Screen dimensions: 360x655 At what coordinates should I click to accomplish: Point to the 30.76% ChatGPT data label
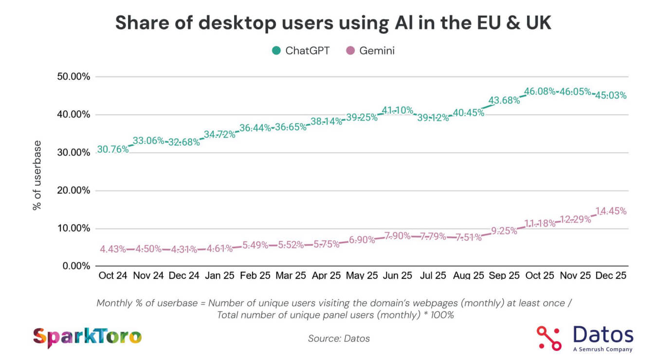(113, 149)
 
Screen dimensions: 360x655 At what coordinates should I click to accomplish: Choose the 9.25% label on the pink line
(504, 231)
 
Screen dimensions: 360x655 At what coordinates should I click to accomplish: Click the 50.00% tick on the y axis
(73, 77)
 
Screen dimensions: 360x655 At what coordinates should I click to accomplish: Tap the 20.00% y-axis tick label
(73, 191)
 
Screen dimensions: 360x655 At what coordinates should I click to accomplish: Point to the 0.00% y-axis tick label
(75, 266)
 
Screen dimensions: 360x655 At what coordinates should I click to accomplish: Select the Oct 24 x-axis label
(112, 276)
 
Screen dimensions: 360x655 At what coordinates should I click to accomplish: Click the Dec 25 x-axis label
(611, 276)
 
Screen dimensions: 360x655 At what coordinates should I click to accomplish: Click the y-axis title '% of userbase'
(37, 175)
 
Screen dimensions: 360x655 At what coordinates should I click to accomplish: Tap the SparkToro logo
(87, 337)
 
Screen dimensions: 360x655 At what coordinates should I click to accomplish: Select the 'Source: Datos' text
(339, 338)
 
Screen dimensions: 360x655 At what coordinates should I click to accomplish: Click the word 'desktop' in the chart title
(229, 23)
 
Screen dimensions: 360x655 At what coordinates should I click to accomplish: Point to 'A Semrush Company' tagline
(602, 349)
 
